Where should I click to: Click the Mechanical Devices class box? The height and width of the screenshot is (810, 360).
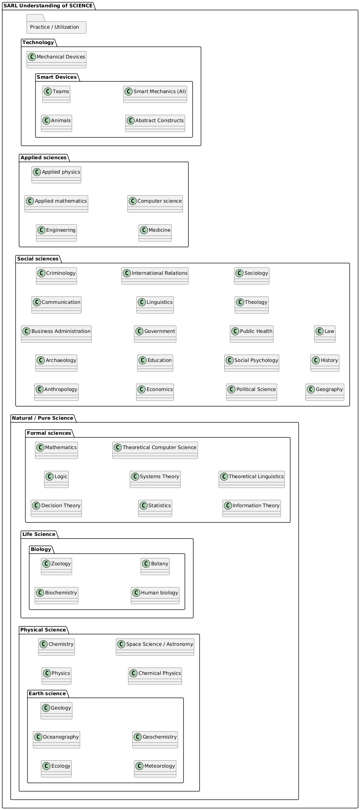pos(56,60)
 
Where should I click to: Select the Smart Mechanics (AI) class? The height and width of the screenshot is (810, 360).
pos(155,94)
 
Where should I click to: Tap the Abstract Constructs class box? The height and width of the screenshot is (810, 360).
pos(155,123)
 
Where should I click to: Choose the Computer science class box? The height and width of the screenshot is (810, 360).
pos(155,204)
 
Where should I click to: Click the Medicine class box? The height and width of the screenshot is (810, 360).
pos(155,233)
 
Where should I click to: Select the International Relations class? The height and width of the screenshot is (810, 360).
pos(155,276)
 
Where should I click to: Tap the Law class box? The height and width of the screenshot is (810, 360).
pos(325,334)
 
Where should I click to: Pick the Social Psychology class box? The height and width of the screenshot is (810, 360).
pos(252,363)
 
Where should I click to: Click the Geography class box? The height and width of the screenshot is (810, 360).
pos(325,392)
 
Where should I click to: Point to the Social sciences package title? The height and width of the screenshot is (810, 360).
pos(38,259)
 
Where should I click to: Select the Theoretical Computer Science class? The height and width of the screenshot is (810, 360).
pos(155,450)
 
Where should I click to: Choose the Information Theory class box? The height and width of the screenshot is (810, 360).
pos(252,508)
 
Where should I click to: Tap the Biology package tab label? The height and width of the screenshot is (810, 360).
pos(41,549)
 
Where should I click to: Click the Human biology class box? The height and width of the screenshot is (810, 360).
pos(155,595)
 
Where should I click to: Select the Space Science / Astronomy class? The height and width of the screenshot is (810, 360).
pos(155,647)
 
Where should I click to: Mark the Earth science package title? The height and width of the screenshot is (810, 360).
pos(47,693)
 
